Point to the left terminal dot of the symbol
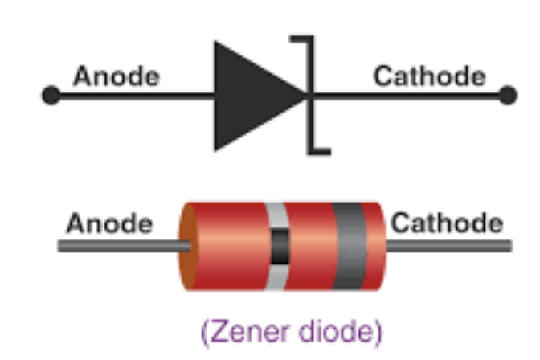51,96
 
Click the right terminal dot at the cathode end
507,96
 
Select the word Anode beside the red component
108,223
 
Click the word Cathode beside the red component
447,223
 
